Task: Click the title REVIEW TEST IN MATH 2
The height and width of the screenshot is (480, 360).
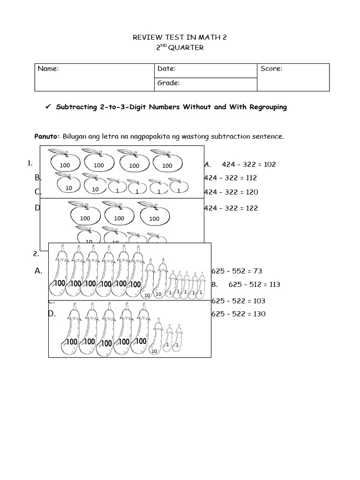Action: pyautogui.click(x=180, y=37)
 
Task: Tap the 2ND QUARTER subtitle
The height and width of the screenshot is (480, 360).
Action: pyautogui.click(x=180, y=48)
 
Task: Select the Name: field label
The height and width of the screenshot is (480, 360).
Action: pyautogui.click(x=48, y=69)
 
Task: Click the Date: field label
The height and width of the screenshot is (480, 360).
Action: pyautogui.click(x=166, y=69)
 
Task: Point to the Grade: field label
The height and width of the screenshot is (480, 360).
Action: pyautogui.click(x=169, y=83)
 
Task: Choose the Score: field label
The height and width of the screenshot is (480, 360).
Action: pyautogui.click(x=271, y=69)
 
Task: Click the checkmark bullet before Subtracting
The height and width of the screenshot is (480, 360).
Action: pyautogui.click(x=47, y=107)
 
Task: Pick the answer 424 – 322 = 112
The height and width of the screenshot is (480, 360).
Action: pyautogui.click(x=231, y=178)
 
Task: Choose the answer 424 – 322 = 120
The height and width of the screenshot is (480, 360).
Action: pyautogui.click(x=231, y=192)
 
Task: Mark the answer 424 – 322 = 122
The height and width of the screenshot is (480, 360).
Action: pyautogui.click(x=231, y=208)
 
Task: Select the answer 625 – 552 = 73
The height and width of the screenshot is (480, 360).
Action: pyautogui.click(x=237, y=271)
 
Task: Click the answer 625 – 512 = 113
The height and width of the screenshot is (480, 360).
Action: pyautogui.click(x=254, y=285)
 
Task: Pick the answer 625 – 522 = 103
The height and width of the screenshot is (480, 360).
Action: pyautogui.click(x=238, y=301)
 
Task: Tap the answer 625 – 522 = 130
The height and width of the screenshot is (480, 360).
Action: pyautogui.click(x=238, y=314)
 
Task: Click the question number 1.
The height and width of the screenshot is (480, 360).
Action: pyautogui.click(x=30, y=164)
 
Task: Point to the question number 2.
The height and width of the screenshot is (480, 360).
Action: pyautogui.click(x=36, y=254)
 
